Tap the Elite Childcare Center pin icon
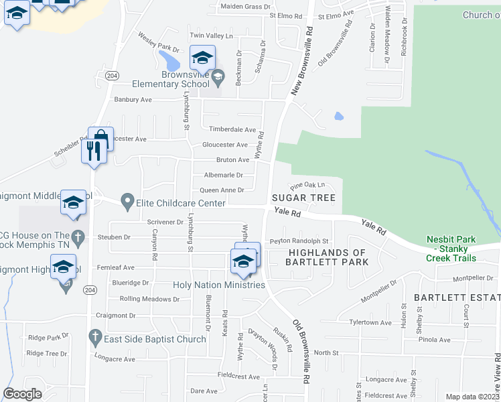tap(127, 201)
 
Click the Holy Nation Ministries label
tap(219, 285)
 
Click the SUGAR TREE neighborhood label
tap(303, 198)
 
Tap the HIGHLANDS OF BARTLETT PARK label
tap(328, 257)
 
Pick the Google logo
tap(22, 394)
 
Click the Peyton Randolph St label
tap(299, 241)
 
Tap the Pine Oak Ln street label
tap(307, 185)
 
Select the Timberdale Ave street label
tap(233, 129)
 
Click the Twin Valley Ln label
tap(211, 36)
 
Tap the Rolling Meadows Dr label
tap(149, 299)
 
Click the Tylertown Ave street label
tap(371, 322)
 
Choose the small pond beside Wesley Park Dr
tap(171, 62)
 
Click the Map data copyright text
tap(473, 397)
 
